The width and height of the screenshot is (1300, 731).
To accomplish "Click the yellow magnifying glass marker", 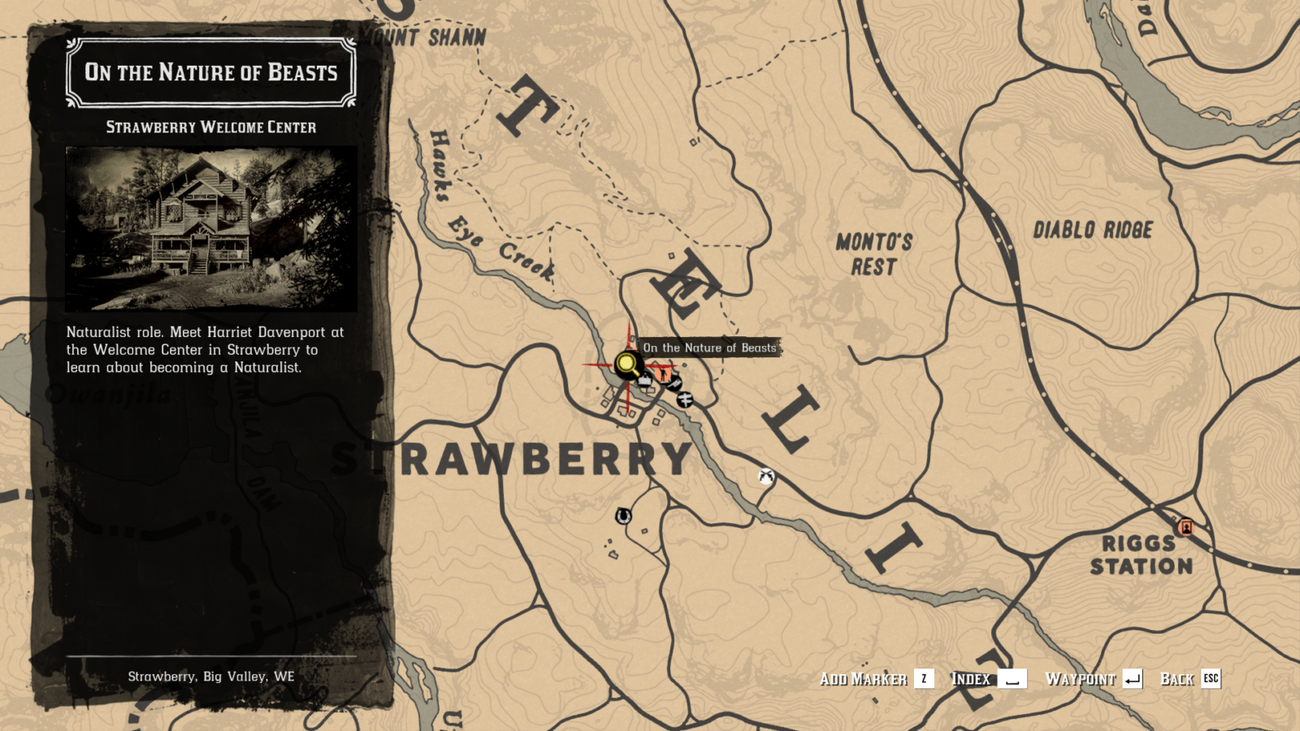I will point(626,364).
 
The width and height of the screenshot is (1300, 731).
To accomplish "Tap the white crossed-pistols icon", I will point(765,477).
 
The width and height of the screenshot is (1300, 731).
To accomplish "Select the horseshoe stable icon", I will point(623,516).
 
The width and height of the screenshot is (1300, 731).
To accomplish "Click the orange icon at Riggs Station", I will point(1185,527).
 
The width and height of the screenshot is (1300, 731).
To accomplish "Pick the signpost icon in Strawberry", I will point(685,399).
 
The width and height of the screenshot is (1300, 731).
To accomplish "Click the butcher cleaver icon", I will point(674,383).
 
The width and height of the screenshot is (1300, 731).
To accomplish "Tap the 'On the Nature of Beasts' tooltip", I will point(709,348).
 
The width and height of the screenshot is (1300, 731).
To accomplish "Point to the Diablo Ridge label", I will point(1093,230).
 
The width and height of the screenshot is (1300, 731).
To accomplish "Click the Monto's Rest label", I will point(874,254).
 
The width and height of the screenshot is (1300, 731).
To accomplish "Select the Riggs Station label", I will point(1141,555).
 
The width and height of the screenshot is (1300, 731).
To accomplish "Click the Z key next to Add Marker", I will point(924,679).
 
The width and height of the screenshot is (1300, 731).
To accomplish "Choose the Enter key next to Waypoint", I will point(1132,679).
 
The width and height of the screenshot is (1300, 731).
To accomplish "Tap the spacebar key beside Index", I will point(1012,679).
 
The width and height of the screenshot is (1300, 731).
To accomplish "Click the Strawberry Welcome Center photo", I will point(211,228).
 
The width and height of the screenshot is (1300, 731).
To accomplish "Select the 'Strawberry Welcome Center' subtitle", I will point(211,128).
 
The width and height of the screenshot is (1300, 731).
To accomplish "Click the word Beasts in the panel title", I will point(302,73).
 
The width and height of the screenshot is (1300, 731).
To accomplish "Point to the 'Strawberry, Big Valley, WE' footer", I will point(211,677).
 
